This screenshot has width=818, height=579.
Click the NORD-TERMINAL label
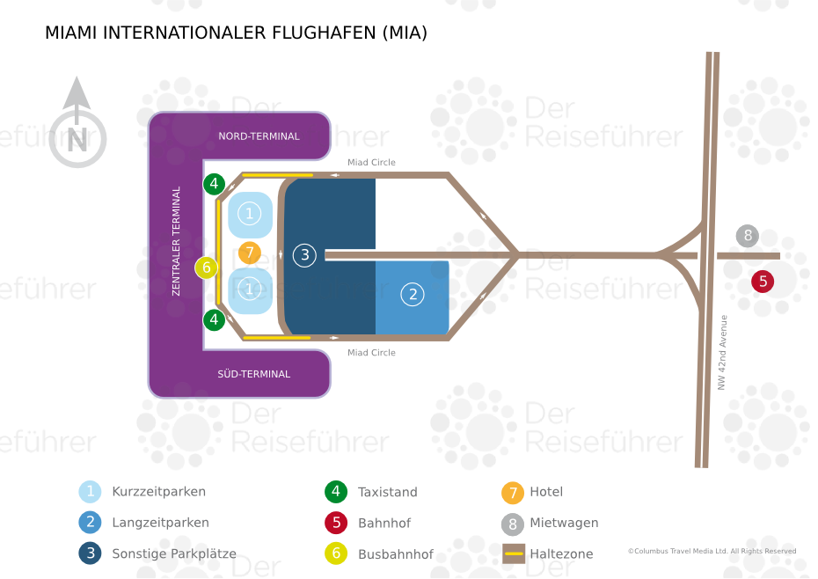259,136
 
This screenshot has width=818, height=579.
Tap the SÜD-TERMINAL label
253,374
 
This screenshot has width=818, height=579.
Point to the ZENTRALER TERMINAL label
176,241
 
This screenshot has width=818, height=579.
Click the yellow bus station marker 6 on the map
207,268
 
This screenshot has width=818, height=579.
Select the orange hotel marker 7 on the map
250,253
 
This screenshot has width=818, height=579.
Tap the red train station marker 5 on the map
763,282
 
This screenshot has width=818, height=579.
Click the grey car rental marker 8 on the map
748,236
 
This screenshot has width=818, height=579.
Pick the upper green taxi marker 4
214,184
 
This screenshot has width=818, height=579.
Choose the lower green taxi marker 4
214,319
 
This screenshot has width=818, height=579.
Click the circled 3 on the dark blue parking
304,255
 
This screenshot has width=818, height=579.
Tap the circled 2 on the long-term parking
413,295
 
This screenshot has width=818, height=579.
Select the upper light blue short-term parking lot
250,215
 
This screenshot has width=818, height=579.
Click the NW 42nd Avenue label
722,352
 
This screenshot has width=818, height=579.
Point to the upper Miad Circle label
371,163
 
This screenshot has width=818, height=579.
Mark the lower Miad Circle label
371,352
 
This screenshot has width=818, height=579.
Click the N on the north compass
77,140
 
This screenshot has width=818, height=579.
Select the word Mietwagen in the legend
564,523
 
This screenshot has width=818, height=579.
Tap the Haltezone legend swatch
514,553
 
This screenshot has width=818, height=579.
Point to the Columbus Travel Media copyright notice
712,551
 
